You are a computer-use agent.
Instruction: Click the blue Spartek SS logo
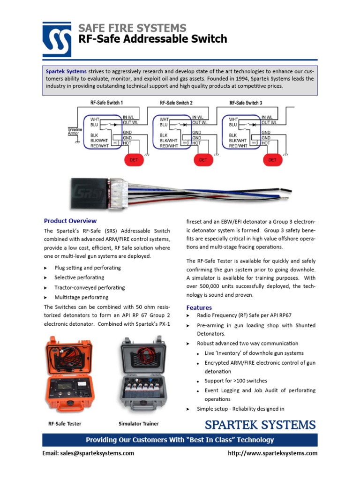click(57, 39)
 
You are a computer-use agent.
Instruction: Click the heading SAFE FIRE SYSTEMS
click(133, 28)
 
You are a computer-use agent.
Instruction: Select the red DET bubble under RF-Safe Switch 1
click(134, 160)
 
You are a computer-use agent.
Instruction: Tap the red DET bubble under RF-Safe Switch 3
click(272, 160)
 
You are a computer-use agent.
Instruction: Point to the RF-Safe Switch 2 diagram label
click(176, 102)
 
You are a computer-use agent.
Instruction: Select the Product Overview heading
click(70, 221)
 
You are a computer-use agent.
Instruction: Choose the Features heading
click(199, 307)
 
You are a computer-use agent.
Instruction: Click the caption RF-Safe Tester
click(65, 424)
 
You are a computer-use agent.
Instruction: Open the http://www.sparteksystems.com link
click(272, 453)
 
